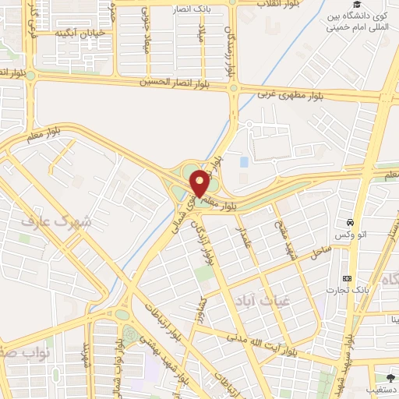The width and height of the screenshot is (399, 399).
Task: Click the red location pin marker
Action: pos(199,182)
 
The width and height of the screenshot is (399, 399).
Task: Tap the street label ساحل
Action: pos(320,251)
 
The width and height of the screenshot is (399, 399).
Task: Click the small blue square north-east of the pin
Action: pos(244,161)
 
